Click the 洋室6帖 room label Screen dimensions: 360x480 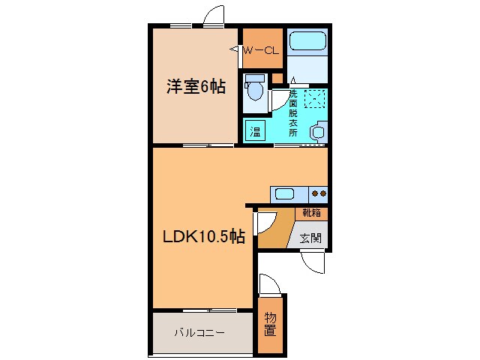click(x=196, y=87)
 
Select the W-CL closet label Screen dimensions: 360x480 click(x=262, y=50)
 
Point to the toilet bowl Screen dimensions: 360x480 click(x=255, y=90)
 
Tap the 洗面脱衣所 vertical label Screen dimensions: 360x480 click(x=292, y=112)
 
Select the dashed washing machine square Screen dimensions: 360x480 click(x=314, y=98)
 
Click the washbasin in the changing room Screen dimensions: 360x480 click(x=318, y=131)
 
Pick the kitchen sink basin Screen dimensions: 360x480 click(x=284, y=193)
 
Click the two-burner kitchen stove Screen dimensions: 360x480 click(x=318, y=193)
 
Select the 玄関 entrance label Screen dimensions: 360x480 click(x=310, y=238)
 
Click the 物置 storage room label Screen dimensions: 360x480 click(x=269, y=324)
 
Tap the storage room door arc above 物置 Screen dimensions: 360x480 click(x=269, y=284)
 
